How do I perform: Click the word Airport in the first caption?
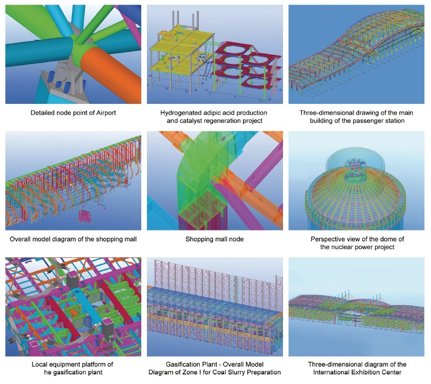tap(106, 113)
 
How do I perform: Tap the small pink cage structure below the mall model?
tap(85, 217)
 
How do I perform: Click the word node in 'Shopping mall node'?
tap(236, 239)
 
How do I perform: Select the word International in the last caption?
tap(331, 373)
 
